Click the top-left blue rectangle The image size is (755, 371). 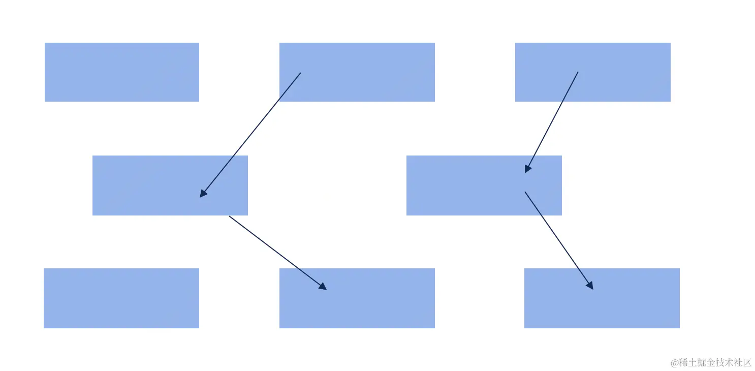(x=122, y=72)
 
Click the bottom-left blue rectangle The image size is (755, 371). (x=121, y=298)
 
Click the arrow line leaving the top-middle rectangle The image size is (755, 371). (x=250, y=134)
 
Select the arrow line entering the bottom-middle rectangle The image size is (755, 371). (x=277, y=253)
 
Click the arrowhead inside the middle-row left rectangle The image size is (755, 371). (x=203, y=194)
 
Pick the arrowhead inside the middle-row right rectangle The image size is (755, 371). (x=528, y=168)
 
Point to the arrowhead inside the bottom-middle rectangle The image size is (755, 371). (x=323, y=287)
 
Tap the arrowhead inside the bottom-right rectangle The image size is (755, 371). (x=590, y=286)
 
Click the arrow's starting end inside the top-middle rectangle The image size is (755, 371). (x=300, y=73)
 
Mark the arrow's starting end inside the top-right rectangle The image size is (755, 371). (x=578, y=72)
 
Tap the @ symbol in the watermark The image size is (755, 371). (x=675, y=362)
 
